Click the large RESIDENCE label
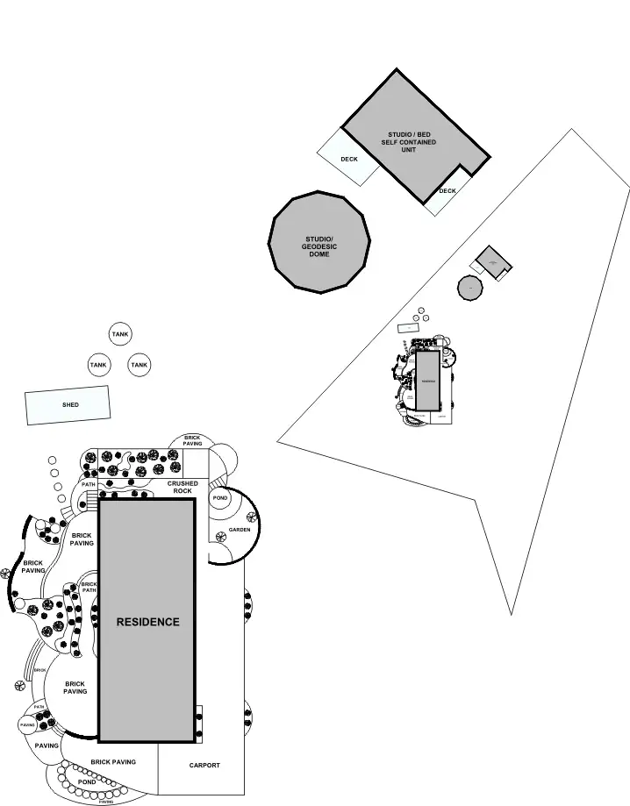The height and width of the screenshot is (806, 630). point(147,622)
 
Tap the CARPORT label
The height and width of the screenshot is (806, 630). point(204,766)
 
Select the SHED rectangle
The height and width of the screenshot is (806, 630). point(68,405)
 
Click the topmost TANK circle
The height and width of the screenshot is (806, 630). point(120,334)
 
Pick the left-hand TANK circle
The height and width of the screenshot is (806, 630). point(98,365)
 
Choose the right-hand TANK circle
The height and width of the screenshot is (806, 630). point(139,365)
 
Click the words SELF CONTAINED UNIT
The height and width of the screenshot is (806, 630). point(408,146)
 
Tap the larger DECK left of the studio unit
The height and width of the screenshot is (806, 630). point(348,159)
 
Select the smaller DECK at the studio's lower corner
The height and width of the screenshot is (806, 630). point(447,191)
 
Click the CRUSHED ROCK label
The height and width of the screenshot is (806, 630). point(183,487)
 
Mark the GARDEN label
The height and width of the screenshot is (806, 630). point(240,530)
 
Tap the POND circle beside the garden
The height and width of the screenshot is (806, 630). point(219,498)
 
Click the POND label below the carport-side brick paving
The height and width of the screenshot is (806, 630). point(87,781)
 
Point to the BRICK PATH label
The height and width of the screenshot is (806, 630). point(89,587)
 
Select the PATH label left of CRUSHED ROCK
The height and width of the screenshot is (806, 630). point(88,484)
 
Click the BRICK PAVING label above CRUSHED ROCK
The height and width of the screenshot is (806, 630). point(193,440)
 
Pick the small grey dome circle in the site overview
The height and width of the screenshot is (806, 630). point(470,287)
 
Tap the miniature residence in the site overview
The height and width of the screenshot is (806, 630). point(427,381)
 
